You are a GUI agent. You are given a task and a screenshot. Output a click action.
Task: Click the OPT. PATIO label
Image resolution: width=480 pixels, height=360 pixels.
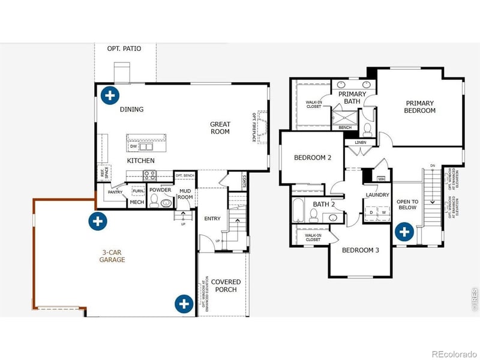click(124, 49)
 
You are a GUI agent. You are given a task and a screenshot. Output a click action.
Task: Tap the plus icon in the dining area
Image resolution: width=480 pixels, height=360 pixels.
click(109, 95)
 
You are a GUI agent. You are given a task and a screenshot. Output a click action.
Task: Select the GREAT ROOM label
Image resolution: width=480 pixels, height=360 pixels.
click(220, 128)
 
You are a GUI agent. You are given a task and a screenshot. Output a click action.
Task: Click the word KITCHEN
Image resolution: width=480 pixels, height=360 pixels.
click(140, 161)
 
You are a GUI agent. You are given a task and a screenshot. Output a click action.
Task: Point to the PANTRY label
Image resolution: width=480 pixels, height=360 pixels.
click(115, 192)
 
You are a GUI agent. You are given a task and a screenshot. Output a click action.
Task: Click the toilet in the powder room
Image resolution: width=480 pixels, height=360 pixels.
click(154, 202)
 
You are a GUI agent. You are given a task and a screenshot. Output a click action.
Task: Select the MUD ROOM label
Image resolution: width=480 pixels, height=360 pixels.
click(185, 194)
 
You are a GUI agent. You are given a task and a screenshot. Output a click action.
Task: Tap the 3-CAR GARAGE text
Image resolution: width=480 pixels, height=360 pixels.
click(112, 256)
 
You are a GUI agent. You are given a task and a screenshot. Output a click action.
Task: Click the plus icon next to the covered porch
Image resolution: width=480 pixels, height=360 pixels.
click(184, 304)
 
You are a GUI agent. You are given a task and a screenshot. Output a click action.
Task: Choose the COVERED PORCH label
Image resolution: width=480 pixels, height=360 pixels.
click(226, 286)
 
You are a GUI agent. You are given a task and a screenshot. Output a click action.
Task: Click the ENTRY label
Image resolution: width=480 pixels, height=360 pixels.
click(212, 218)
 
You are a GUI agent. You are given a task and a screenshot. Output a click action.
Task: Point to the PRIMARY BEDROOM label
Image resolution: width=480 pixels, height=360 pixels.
click(419, 107)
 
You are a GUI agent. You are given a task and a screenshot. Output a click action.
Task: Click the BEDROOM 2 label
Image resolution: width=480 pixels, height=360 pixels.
click(313, 158)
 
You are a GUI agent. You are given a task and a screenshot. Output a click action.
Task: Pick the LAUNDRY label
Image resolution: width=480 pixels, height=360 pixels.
click(377, 195)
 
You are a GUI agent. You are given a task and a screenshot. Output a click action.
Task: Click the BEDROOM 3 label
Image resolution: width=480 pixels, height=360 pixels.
click(360, 250)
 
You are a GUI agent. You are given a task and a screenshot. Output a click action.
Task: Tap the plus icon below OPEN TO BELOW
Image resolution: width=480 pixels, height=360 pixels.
click(404, 232)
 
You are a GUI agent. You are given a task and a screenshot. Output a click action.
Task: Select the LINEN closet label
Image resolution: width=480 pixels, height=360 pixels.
click(360, 143)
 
